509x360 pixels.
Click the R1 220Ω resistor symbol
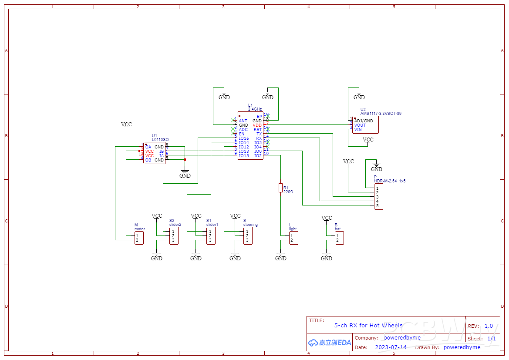(280, 188)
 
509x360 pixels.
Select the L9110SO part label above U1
(160, 140)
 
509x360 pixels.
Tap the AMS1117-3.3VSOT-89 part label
(381, 114)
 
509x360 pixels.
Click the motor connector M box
(139, 238)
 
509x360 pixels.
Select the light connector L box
(294, 238)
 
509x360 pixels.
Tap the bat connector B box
(339, 238)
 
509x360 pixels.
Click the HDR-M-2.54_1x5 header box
(378, 197)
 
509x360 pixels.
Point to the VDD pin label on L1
(257, 125)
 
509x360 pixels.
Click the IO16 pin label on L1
(244, 138)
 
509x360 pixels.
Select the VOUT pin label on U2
(360, 125)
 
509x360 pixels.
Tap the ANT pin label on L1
(243, 121)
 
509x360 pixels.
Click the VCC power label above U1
(126, 124)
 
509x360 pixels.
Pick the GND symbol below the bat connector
(326, 257)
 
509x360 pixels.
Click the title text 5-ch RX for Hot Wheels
(368, 325)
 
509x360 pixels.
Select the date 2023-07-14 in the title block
(391, 347)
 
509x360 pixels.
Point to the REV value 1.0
(489, 326)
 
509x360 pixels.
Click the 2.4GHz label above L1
(255, 109)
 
